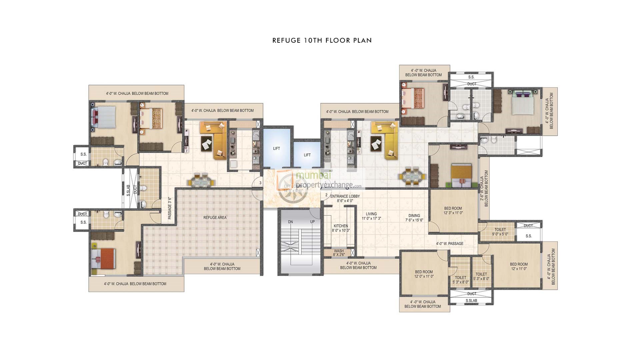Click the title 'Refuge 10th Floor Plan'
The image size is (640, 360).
coord(322,40)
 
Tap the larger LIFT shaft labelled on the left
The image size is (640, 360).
coord(276,148)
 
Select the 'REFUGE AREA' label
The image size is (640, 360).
coord(215,218)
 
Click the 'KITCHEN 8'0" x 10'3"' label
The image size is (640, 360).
coord(340,228)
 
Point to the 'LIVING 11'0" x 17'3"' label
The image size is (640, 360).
coord(371,216)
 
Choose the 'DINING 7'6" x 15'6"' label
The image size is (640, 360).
coord(414,218)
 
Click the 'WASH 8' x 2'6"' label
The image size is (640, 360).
coord(339,253)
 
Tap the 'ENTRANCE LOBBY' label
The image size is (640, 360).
coord(345,196)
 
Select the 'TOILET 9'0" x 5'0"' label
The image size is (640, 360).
coord(500,232)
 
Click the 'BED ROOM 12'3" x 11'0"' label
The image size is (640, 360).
coord(453,210)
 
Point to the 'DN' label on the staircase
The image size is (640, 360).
coord(290,222)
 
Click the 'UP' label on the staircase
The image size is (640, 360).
coord(312,222)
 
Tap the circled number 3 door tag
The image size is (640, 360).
coord(260,183)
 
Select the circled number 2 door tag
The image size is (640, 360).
coord(326,195)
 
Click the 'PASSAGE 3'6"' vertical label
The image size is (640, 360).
coord(170,208)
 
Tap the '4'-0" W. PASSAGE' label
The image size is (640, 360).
coord(449,244)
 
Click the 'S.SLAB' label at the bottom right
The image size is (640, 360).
coord(471,301)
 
